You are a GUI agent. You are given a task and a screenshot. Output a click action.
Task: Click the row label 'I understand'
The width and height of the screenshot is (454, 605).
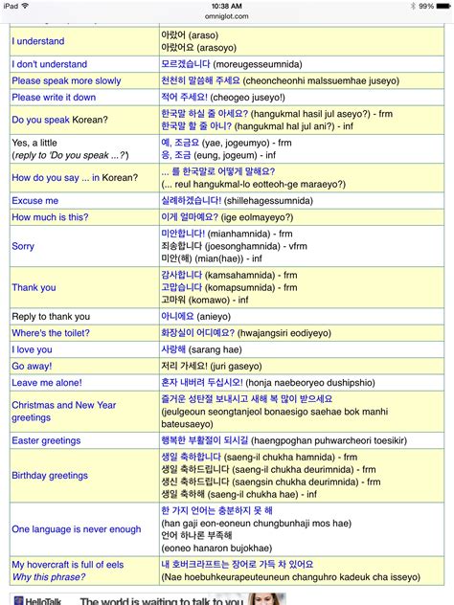point(38,41)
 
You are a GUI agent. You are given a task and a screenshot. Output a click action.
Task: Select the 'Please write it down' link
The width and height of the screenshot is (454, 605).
point(54,97)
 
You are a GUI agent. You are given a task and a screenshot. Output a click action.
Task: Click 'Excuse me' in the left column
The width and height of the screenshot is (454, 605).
point(34,201)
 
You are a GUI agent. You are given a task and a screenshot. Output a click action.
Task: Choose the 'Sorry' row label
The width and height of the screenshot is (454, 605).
point(23,246)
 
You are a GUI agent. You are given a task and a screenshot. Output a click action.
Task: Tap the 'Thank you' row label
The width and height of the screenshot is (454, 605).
point(34,287)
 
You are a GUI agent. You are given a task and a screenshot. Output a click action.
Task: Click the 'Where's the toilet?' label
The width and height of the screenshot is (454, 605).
point(51,332)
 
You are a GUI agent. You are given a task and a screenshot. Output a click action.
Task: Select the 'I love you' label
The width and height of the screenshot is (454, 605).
point(33,349)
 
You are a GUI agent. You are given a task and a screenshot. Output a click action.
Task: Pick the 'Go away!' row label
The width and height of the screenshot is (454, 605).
point(33,366)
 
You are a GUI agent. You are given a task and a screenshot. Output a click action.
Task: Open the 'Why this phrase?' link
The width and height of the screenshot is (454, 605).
point(51,577)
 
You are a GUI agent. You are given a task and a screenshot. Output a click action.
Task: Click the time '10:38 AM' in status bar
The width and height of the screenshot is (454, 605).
point(226,5)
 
